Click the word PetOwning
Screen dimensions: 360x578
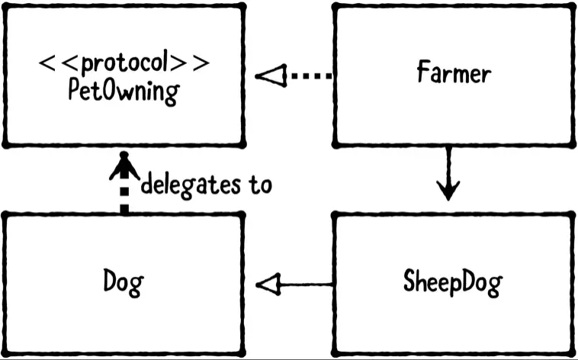(x=124, y=92)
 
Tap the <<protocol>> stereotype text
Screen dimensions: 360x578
(x=124, y=63)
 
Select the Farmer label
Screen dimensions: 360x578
(x=454, y=74)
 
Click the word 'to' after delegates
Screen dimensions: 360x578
(x=259, y=185)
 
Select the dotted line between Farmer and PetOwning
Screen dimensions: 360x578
(x=313, y=76)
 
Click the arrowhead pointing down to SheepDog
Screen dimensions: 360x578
(x=448, y=189)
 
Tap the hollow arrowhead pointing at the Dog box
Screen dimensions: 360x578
(x=268, y=285)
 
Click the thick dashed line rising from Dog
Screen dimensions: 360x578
(x=124, y=198)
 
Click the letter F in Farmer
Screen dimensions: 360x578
(x=423, y=74)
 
